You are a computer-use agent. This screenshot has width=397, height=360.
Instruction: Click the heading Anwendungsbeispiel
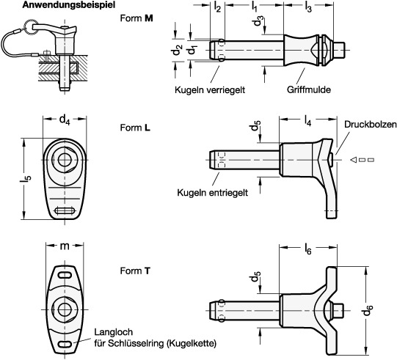pyautogui.click(x=69, y=5)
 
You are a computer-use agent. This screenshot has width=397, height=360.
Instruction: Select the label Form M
pyautogui.click(x=136, y=18)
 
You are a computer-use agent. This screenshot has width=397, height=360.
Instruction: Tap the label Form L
pyautogui.click(x=135, y=128)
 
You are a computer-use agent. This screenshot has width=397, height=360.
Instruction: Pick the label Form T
pyautogui.click(x=135, y=271)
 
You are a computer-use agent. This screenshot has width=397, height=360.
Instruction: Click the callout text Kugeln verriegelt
pyautogui.click(x=210, y=89)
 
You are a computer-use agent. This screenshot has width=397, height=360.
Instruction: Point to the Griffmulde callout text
pyautogui.click(x=309, y=89)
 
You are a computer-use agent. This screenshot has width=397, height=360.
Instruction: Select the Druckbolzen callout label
pyautogui.click(x=370, y=124)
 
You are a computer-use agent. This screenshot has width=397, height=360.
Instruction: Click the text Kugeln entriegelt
pyautogui.click(x=212, y=193)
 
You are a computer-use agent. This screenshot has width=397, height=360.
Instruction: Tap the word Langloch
pyautogui.click(x=114, y=332)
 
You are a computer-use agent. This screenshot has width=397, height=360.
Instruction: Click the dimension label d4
pyautogui.click(x=65, y=119)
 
